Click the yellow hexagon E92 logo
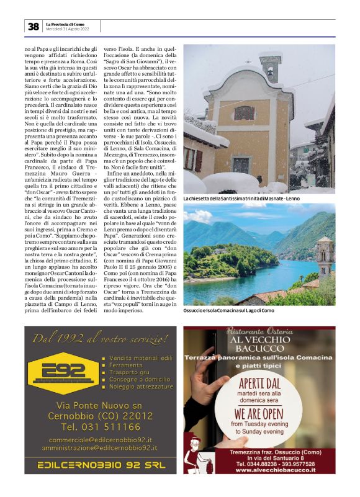(x=58, y=373)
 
